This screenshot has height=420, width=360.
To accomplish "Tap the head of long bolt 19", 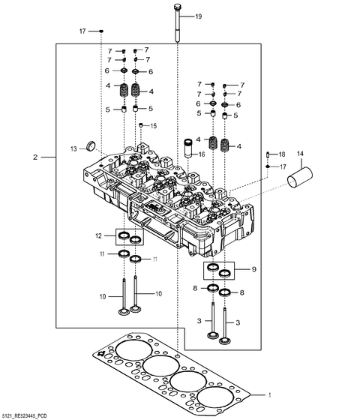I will tap(176, 8).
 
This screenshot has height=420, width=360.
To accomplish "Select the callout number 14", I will tap(301, 154).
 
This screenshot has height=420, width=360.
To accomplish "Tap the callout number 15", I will tap(154, 125).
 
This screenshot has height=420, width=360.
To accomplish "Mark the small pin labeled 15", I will tap(140, 125).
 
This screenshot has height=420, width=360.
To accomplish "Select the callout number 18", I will tap(282, 154).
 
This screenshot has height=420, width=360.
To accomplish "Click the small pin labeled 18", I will tap(268, 154).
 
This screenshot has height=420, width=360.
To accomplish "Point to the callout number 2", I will tap(35, 157).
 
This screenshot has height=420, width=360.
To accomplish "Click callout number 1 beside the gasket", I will tap(272, 394).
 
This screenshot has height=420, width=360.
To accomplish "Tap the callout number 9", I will tap(253, 268).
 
